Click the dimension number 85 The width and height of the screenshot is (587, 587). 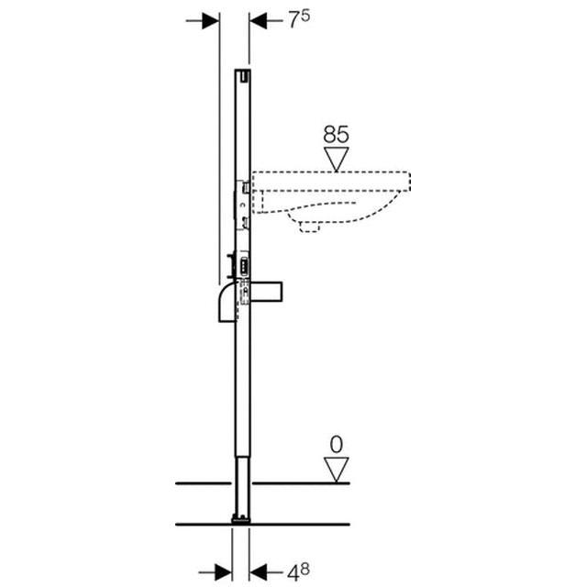pyautogui.click(x=337, y=134)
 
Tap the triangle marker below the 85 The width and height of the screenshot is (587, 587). pyautogui.click(x=337, y=160)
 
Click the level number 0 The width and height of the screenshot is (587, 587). pyautogui.click(x=336, y=444)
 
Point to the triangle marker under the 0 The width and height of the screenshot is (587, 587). pyautogui.click(x=337, y=470)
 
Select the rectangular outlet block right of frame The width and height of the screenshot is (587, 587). pyautogui.click(x=271, y=293)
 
